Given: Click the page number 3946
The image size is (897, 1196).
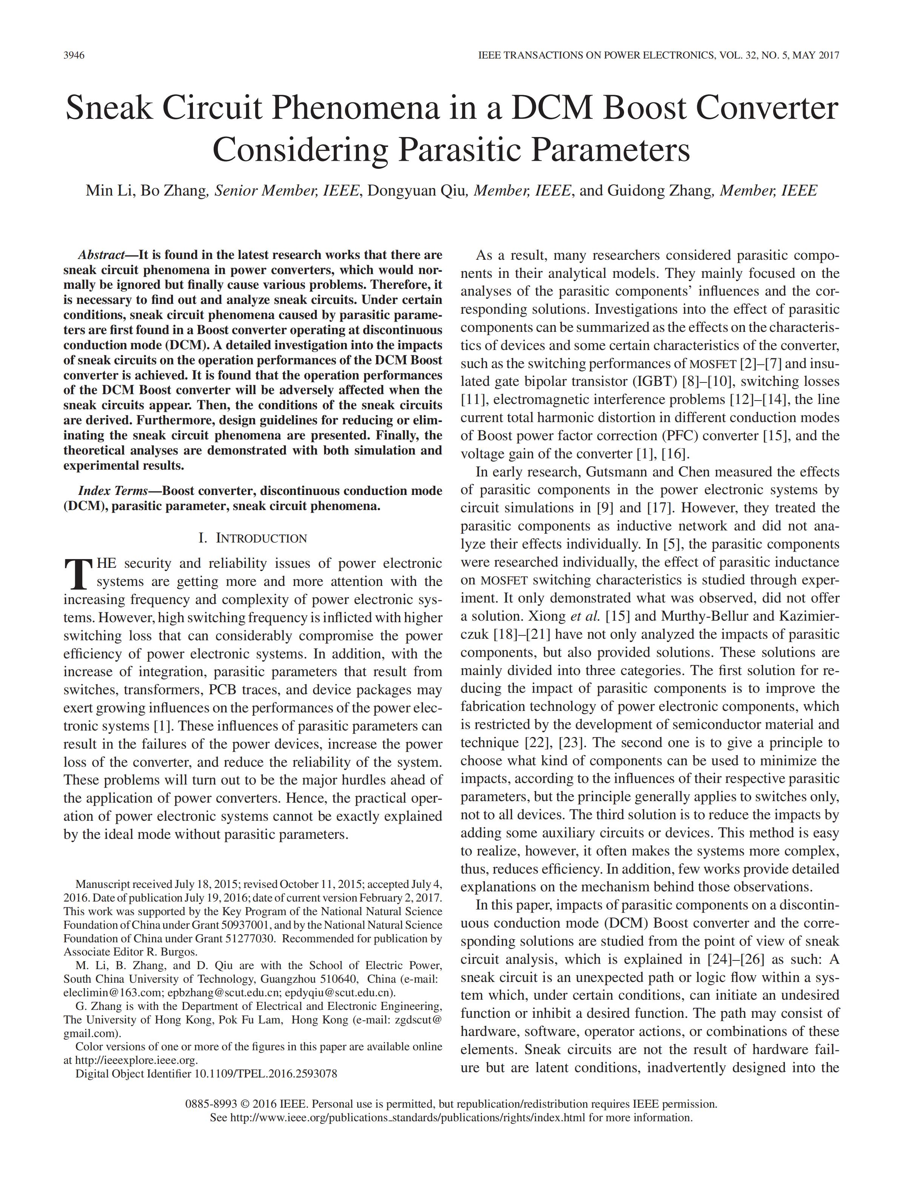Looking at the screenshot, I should pos(74,55).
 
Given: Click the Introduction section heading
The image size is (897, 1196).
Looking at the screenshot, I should pos(253,538).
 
